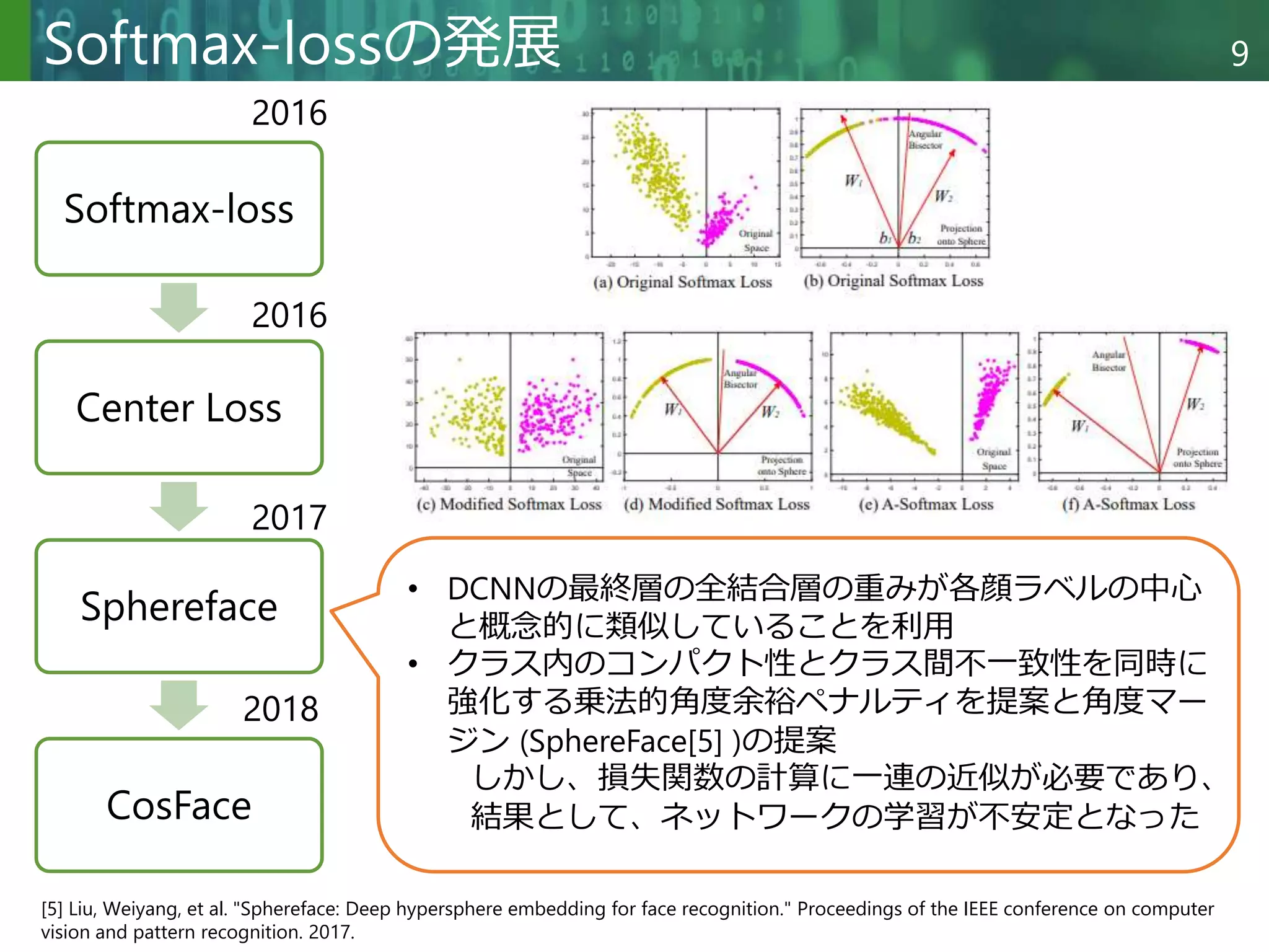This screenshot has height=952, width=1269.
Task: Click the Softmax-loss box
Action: tap(178, 209)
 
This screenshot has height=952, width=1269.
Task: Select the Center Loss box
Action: tap(178, 408)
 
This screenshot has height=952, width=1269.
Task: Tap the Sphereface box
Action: tap(178, 606)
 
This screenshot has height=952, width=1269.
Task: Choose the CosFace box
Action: tap(178, 805)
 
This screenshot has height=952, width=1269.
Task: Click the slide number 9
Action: tap(1239, 54)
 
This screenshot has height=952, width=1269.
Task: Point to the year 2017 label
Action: tap(289, 518)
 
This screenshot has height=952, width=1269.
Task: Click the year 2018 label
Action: tap(281, 708)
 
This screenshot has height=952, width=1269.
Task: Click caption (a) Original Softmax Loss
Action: tap(682, 283)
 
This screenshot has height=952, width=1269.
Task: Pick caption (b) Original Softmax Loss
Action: tap(893, 281)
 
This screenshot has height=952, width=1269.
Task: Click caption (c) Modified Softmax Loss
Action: tap(509, 505)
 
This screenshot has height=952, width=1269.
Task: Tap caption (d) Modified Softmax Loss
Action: tap(716, 505)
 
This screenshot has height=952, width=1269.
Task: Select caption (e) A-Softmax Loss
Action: tap(926, 505)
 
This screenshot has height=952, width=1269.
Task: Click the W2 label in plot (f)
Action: tap(1195, 405)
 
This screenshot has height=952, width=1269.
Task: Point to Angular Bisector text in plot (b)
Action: tap(925, 139)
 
